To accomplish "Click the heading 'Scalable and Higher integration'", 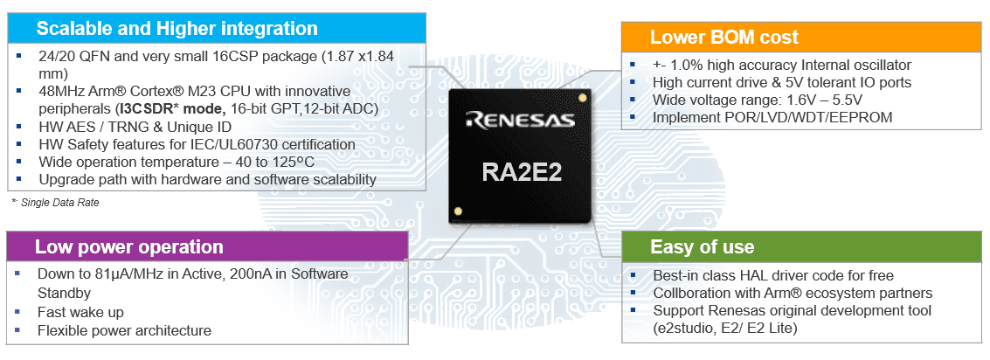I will pyautogui.click(x=177, y=29).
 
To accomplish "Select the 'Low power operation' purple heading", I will pyautogui.click(x=128, y=247).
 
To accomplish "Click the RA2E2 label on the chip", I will pyautogui.click(x=521, y=171).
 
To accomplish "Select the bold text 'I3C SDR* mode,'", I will pyautogui.click(x=170, y=109).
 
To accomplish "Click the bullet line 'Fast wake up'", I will pyautogui.click(x=80, y=312).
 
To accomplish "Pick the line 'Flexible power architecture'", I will pyautogui.click(x=124, y=330).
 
